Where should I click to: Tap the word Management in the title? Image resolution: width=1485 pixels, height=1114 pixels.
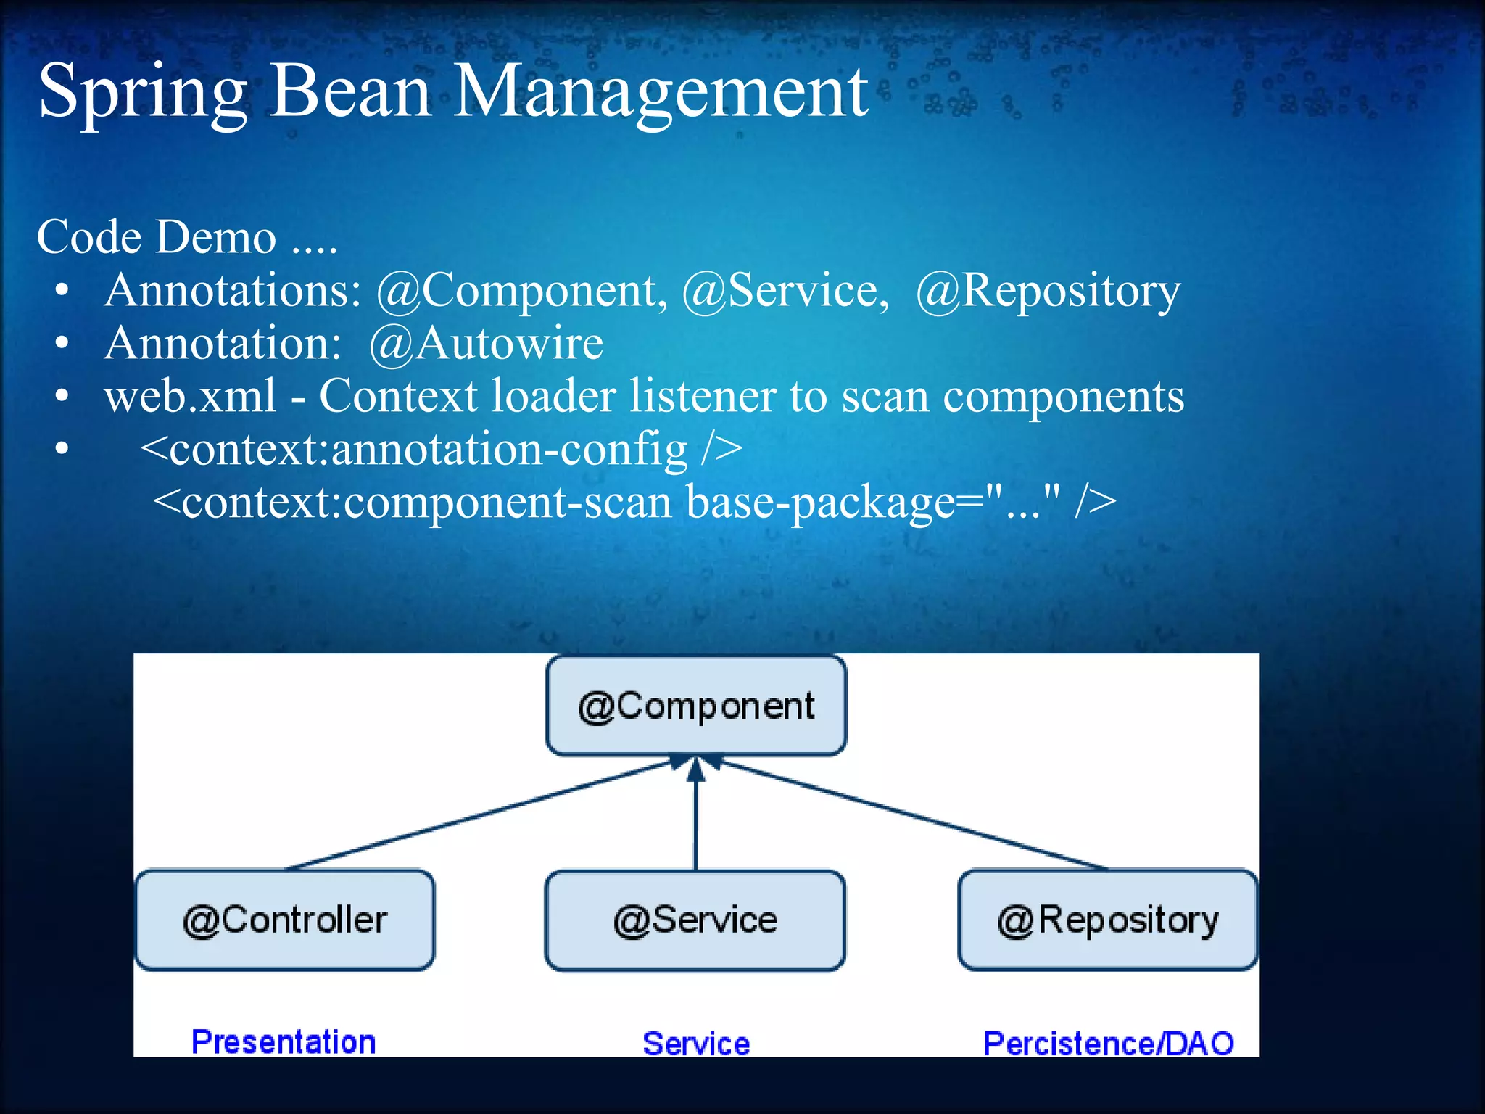[661, 92]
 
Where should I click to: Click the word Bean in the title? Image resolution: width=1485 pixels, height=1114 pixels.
[351, 92]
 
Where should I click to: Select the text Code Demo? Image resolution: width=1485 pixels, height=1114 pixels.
[157, 237]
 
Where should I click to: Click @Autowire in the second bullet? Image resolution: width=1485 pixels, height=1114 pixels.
[486, 343]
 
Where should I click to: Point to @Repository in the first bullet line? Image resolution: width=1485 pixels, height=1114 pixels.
[1048, 291]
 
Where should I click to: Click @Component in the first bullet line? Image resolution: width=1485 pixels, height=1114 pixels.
[521, 291]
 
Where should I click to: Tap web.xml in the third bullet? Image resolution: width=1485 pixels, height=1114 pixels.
[190, 397]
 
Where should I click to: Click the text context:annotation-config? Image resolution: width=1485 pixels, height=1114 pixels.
[428, 450]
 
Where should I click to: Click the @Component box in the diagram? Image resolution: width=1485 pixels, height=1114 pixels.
[696, 706]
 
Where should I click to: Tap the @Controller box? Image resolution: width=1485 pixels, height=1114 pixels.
[285, 920]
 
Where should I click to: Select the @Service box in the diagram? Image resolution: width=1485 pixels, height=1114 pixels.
[695, 920]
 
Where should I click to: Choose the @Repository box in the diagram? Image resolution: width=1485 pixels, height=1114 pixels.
[1107, 920]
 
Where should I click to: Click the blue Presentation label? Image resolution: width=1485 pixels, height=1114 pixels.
[284, 1042]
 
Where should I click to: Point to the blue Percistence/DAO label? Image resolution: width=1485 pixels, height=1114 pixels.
[1108, 1044]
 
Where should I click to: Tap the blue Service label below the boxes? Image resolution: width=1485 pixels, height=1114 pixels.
[696, 1044]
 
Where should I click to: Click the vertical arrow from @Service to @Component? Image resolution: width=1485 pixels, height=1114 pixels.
[696, 816]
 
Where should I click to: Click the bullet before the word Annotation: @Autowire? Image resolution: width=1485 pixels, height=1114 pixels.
[62, 343]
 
